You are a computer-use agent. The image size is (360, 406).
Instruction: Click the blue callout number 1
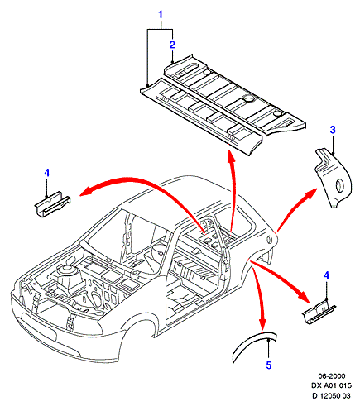[161, 15]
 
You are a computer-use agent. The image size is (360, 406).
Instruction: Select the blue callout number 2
[172, 45]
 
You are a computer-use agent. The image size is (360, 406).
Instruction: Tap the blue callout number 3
[333, 130]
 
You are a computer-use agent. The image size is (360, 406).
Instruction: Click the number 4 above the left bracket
[46, 173]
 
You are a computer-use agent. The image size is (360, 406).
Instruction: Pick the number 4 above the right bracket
[327, 275]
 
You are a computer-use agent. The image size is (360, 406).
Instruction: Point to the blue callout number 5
[269, 365]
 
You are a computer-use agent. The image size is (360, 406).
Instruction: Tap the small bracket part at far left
[52, 204]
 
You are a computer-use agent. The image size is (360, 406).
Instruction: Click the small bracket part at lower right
[319, 313]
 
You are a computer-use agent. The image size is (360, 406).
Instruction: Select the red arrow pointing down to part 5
[259, 299]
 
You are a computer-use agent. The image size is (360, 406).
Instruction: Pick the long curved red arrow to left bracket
[143, 182]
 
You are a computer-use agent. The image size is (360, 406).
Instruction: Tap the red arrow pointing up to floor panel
[233, 190]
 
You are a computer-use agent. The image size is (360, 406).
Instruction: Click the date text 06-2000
[332, 376]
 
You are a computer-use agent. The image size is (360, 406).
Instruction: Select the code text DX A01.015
[332, 385]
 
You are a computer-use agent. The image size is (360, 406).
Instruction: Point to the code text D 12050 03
[332, 395]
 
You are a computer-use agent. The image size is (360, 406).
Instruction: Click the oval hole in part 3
[339, 184]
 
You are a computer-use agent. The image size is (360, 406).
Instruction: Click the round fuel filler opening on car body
[269, 240]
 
